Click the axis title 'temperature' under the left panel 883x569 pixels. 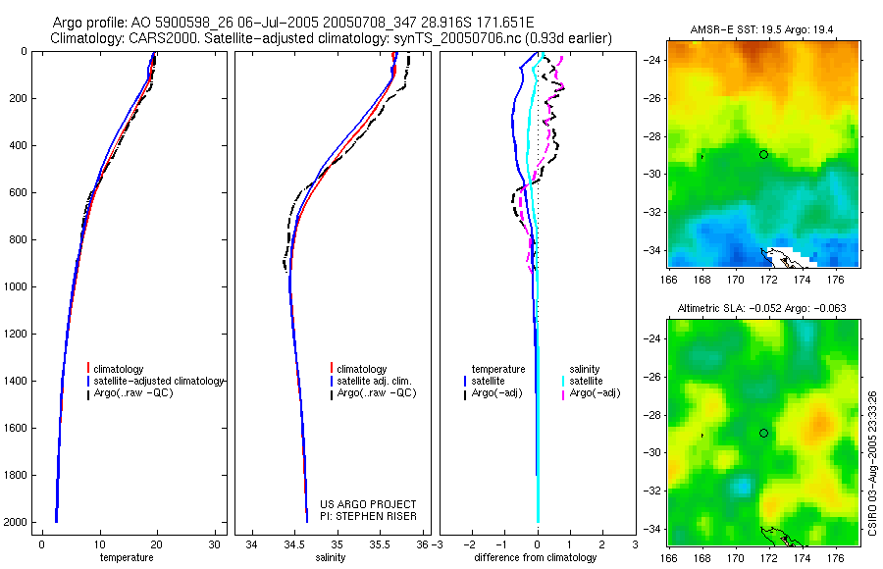tap(127, 557)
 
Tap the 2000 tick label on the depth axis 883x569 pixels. tap(15, 522)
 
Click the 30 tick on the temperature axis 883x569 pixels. tap(215, 543)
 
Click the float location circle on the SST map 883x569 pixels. tap(763, 154)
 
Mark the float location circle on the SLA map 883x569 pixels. tap(763, 433)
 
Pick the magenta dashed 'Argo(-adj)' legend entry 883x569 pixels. tap(596, 392)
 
